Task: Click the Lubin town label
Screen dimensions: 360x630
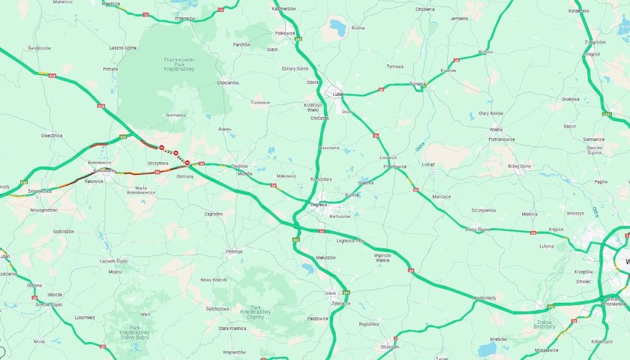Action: click(337, 94)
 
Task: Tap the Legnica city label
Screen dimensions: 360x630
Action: click(319, 204)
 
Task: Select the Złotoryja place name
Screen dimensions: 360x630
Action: click(232, 251)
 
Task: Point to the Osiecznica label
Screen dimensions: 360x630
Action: click(51, 136)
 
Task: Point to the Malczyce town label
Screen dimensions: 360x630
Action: click(440, 196)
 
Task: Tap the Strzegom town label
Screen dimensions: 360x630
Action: click(390, 347)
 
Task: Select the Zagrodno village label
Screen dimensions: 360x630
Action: click(213, 214)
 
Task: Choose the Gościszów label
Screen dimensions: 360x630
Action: click(63, 232)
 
